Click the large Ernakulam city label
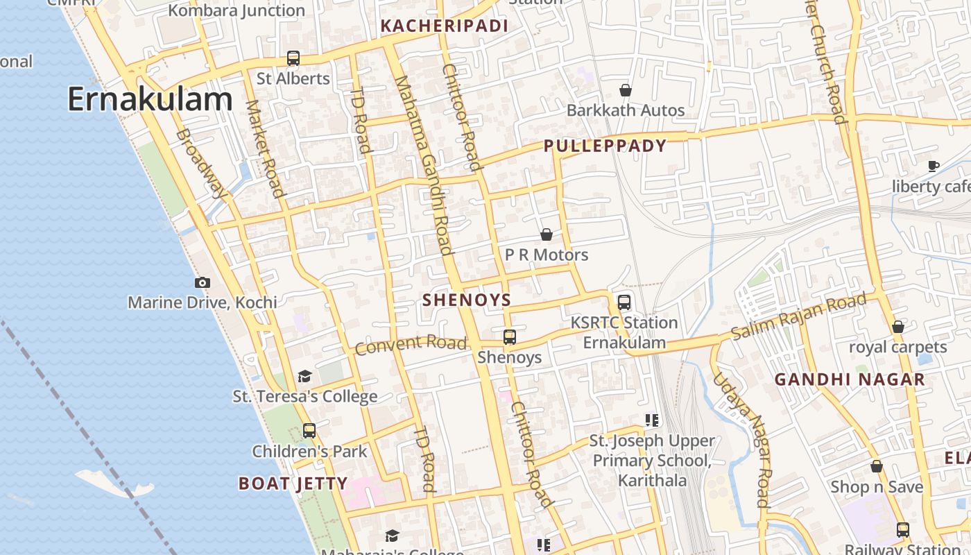(149, 100)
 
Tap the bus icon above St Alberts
(293, 58)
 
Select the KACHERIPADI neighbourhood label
(445, 26)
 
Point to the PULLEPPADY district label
(605, 146)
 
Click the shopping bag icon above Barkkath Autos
(626, 90)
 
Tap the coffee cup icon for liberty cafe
(934, 166)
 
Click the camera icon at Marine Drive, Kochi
(203, 282)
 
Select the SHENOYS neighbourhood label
(467, 300)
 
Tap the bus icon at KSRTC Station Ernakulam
(624, 302)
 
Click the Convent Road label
(411, 343)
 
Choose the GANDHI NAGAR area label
(850, 379)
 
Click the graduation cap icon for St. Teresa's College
(304, 376)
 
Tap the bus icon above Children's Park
(309, 431)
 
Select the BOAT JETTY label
(293, 484)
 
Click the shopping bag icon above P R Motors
(547, 234)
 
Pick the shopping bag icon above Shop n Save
(877, 466)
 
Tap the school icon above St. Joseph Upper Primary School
(652, 420)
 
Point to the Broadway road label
(201, 163)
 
